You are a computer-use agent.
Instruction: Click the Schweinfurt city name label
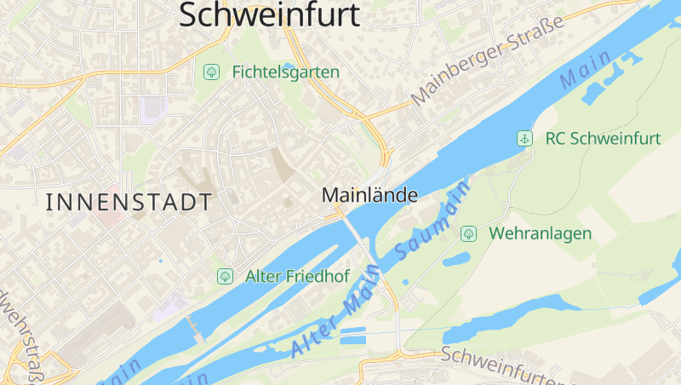[269, 14]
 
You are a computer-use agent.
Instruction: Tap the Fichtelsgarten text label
[285, 72]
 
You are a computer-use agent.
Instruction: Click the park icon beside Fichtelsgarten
[210, 72]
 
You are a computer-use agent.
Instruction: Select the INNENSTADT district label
[129, 202]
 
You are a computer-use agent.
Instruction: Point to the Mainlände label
[369, 195]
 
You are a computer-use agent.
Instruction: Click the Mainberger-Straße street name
[488, 64]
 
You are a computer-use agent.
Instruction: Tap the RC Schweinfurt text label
[603, 138]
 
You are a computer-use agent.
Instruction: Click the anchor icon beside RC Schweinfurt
[525, 138]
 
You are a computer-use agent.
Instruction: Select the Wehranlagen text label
[540, 233]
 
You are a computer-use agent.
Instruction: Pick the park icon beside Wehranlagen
[467, 233]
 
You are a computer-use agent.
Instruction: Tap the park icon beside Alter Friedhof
[225, 276]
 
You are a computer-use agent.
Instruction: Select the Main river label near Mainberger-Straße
[586, 70]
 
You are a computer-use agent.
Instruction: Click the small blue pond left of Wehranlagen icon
[456, 259]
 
